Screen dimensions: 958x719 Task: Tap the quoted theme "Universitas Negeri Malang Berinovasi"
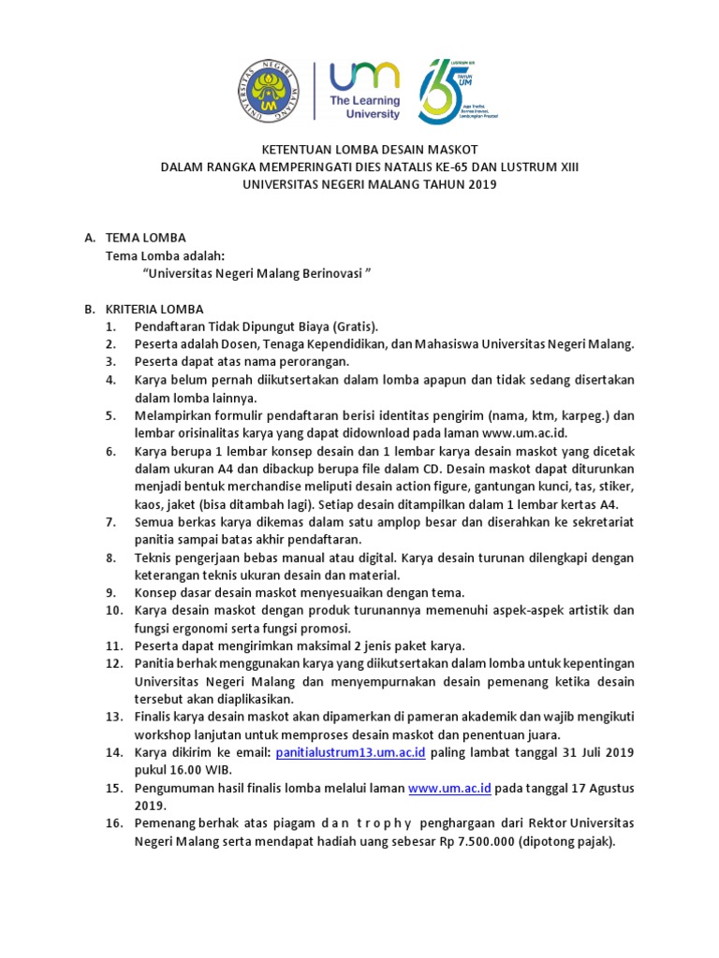click(x=257, y=273)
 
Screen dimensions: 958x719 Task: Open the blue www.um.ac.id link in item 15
click(x=449, y=788)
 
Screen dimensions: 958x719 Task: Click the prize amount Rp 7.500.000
click(x=484, y=841)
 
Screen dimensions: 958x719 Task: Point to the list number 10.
click(x=111, y=610)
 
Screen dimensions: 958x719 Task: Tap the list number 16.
click(x=111, y=823)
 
